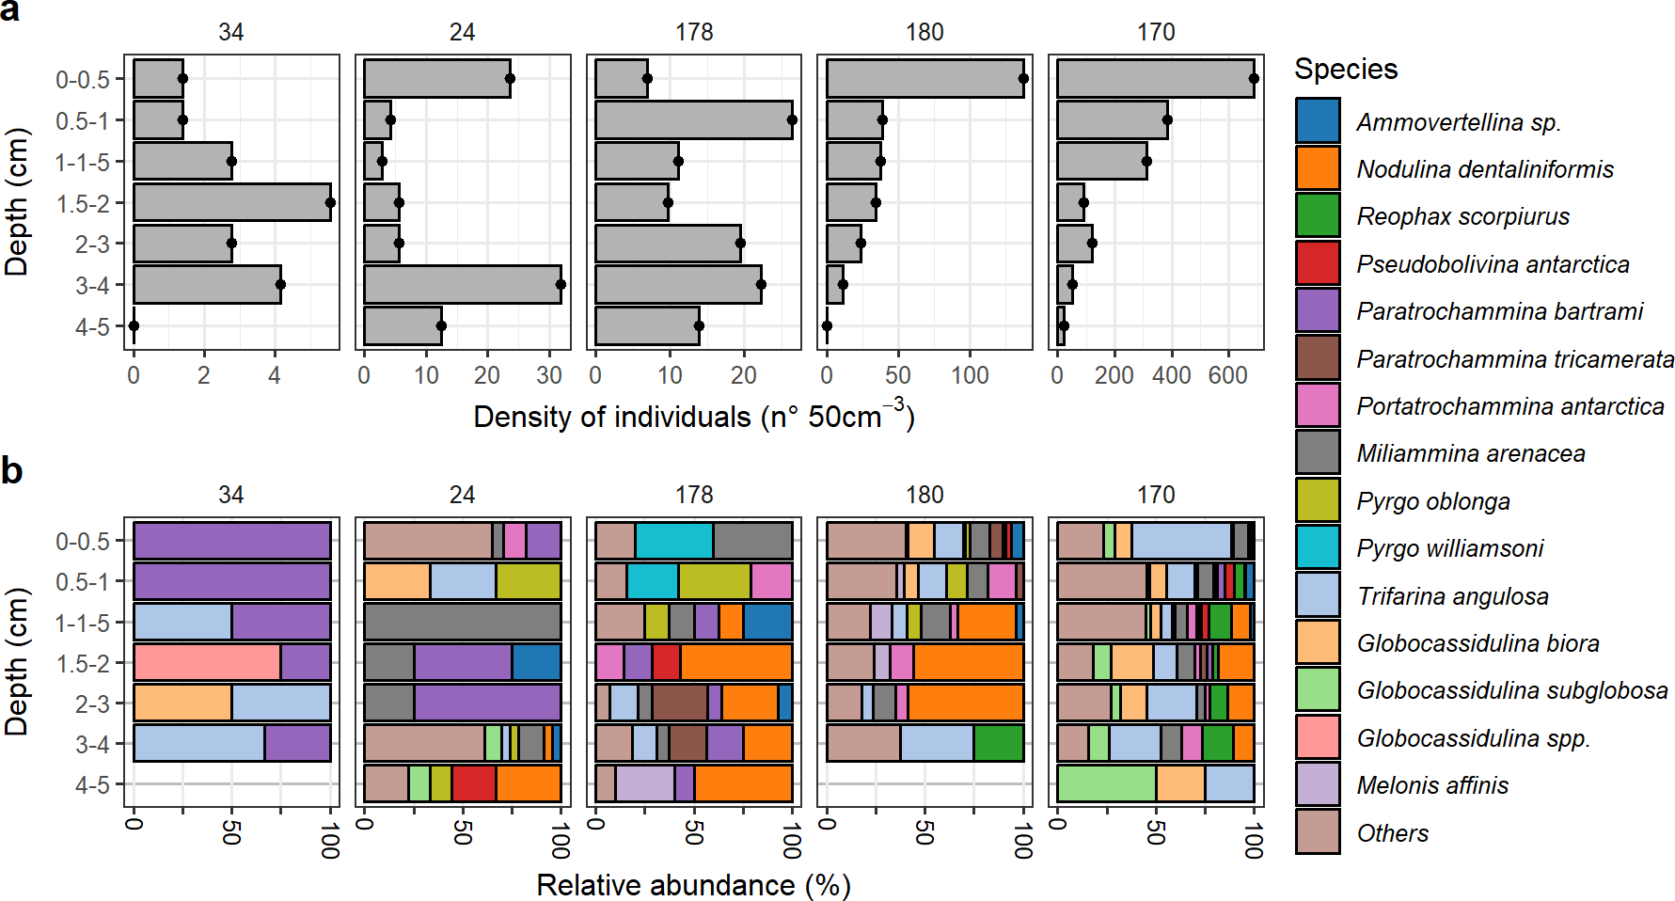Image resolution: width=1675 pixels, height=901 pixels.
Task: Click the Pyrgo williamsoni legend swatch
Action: point(1317,547)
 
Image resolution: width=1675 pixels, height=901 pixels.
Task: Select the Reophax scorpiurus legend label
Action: point(1462,216)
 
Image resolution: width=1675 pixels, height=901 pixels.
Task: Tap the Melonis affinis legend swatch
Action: point(1317,784)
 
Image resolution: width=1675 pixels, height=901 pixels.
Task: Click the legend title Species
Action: point(1345,69)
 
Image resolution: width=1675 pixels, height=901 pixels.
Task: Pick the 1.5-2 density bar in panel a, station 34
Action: point(231,202)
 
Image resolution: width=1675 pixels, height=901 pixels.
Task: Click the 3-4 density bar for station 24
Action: point(462,284)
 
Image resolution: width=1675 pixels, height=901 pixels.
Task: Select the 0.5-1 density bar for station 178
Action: point(693,119)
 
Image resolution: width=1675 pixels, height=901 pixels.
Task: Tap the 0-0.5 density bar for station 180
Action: point(924,78)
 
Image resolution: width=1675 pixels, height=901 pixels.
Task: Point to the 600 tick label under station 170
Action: point(1227,375)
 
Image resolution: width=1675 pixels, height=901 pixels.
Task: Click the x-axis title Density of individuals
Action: point(693,416)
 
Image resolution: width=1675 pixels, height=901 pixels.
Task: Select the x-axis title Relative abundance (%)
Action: point(693,885)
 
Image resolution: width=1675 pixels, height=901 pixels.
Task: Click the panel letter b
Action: point(12,470)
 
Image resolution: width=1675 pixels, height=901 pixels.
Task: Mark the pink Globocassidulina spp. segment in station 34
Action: point(207,662)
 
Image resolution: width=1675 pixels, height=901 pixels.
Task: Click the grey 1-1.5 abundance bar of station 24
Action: point(462,622)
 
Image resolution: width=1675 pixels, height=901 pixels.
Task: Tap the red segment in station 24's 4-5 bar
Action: point(473,783)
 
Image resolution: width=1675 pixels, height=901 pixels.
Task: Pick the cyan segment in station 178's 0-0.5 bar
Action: point(673,541)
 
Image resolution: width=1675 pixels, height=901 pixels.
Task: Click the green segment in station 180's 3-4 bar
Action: point(998,743)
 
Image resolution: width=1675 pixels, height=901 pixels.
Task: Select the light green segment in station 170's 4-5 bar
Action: point(1106,783)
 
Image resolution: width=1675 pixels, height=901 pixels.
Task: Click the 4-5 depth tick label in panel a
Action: point(92,326)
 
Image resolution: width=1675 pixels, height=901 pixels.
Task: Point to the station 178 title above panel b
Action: point(693,495)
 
